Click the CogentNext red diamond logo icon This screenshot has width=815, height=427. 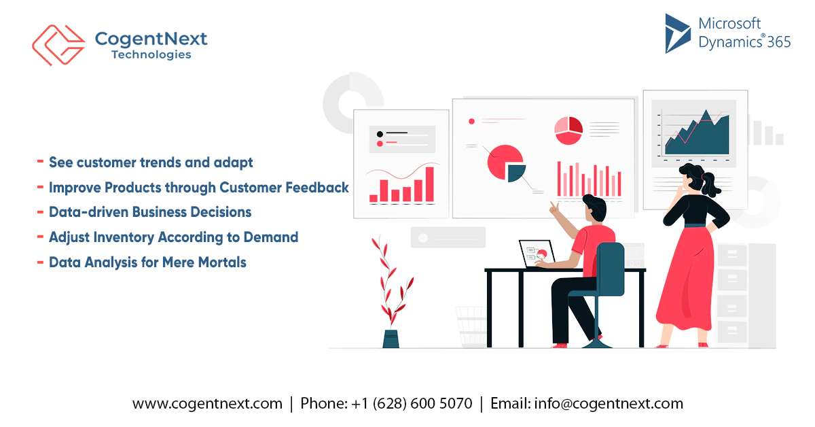pos(58,45)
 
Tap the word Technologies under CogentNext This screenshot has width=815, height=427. pos(151,55)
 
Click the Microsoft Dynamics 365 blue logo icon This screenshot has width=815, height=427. pos(677,33)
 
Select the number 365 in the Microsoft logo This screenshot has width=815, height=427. pos(779,42)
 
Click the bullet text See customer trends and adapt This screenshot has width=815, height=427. pos(151,163)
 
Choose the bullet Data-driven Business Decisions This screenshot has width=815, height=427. pos(150,212)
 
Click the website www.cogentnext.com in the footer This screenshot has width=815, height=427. pos(207,403)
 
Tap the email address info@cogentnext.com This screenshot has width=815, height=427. pos(609,403)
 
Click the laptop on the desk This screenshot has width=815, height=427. pos(536,254)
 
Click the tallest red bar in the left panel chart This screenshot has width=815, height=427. pos(429,184)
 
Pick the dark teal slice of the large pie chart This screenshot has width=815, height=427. pos(516,173)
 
